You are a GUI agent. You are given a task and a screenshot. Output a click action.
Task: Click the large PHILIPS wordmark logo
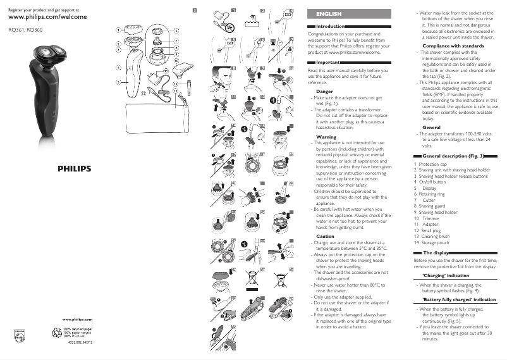click(75, 169)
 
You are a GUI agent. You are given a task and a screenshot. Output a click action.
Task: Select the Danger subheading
click(324, 92)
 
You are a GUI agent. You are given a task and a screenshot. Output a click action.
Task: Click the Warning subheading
click(326, 137)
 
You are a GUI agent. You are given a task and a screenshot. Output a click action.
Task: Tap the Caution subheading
click(325, 236)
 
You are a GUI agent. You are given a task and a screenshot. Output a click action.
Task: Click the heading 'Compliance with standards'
click(453, 46)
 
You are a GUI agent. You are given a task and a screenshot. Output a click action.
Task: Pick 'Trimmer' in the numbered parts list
click(430, 218)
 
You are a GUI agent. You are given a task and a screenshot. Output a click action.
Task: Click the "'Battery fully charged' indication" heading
click(458, 299)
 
